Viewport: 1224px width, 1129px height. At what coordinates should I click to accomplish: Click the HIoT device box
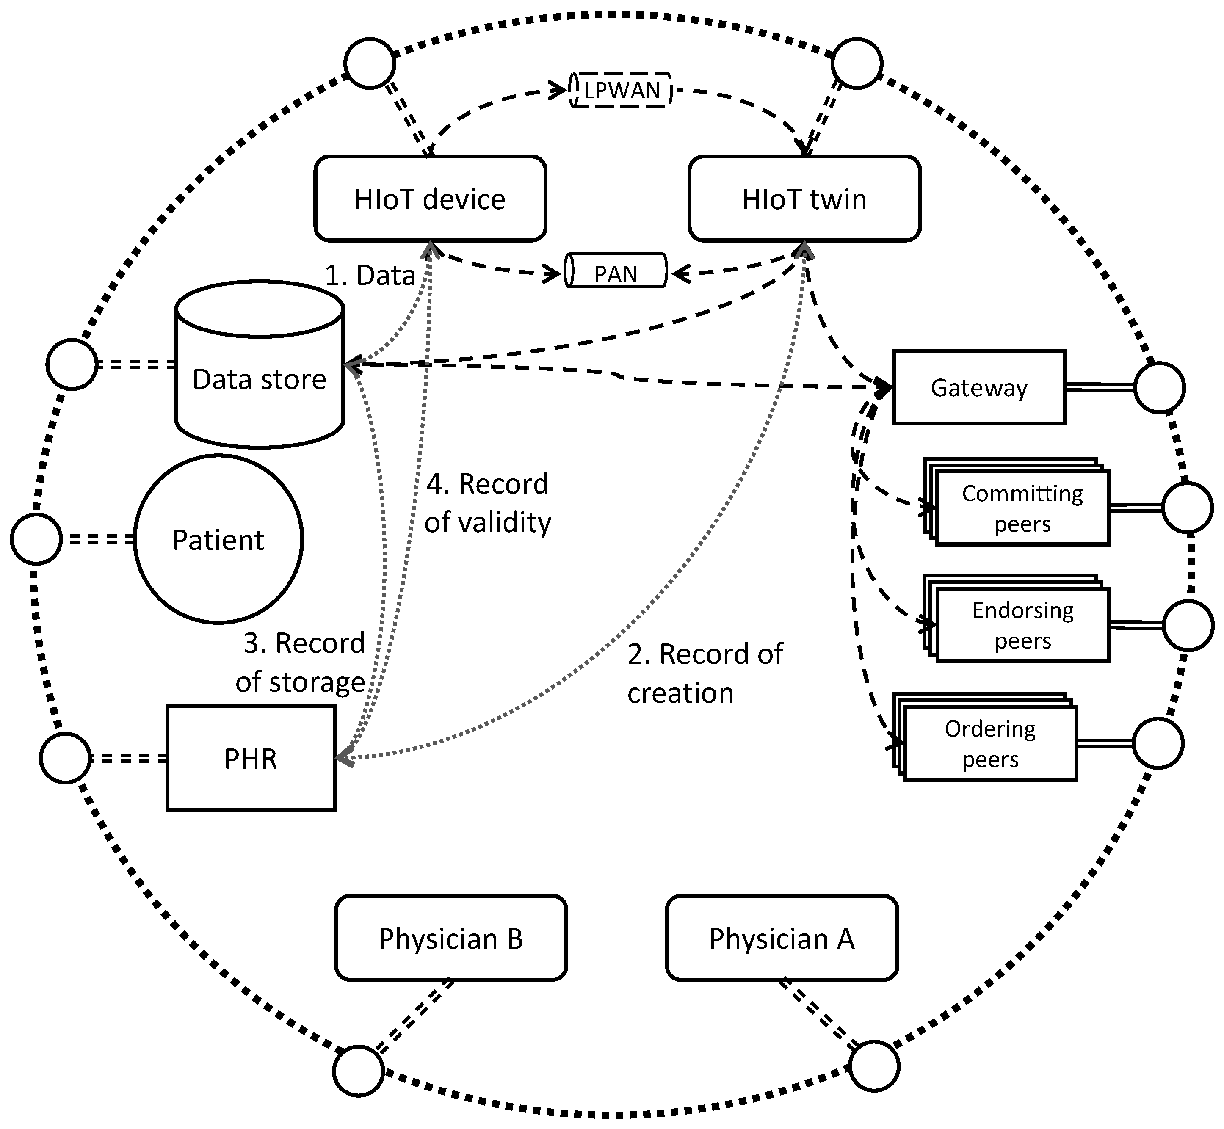pos(430,199)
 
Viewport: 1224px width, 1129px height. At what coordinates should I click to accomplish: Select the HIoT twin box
pos(804,199)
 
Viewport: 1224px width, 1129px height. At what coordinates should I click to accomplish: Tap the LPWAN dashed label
pos(621,91)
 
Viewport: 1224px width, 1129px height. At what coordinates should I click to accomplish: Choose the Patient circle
pos(218,539)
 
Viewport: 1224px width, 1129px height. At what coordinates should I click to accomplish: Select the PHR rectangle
pos(251,758)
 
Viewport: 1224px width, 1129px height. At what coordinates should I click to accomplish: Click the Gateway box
pos(978,387)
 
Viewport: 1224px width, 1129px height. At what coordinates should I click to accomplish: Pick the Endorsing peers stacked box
pos(1022,625)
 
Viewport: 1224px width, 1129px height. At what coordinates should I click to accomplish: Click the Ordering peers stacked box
pos(989,743)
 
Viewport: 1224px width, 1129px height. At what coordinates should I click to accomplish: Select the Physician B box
pos(451,939)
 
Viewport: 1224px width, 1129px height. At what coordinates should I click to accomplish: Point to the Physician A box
pos(782,939)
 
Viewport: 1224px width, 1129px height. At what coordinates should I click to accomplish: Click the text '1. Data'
pos(370,276)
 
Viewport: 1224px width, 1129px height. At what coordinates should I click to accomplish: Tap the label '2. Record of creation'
pos(704,673)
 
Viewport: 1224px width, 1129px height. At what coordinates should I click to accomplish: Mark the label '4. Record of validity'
pos(487,503)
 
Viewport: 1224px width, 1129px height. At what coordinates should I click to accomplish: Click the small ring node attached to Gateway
pos(1159,387)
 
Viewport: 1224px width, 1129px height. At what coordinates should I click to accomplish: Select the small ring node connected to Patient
pos(36,539)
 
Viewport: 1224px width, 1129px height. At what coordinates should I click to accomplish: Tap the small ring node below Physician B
pos(359,1071)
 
